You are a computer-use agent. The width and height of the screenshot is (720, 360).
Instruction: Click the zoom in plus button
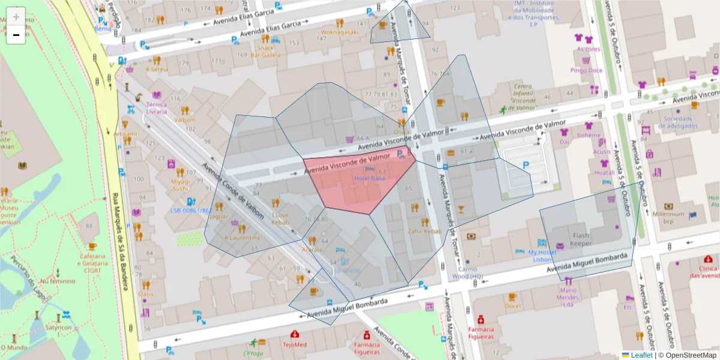(x=16, y=17)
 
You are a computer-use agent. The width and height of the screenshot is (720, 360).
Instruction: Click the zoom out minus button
(x=16, y=35)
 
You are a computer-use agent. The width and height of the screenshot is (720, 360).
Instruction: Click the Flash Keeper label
(x=581, y=239)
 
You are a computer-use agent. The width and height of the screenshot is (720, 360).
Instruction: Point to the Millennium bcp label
(x=668, y=218)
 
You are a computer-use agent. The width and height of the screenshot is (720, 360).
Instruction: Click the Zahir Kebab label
(x=425, y=232)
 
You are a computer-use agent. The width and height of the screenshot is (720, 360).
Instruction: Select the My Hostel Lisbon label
(x=542, y=255)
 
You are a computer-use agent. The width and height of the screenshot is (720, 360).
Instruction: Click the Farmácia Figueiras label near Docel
(x=481, y=333)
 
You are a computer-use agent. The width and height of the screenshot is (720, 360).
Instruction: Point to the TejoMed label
(x=295, y=345)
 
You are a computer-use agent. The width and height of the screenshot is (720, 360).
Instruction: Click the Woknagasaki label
(x=340, y=32)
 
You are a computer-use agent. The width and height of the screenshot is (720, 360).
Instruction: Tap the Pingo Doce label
(x=586, y=70)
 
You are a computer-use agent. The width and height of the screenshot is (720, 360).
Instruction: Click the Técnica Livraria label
(x=157, y=108)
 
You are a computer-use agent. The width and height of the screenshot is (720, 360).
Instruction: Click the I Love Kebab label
(x=280, y=218)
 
